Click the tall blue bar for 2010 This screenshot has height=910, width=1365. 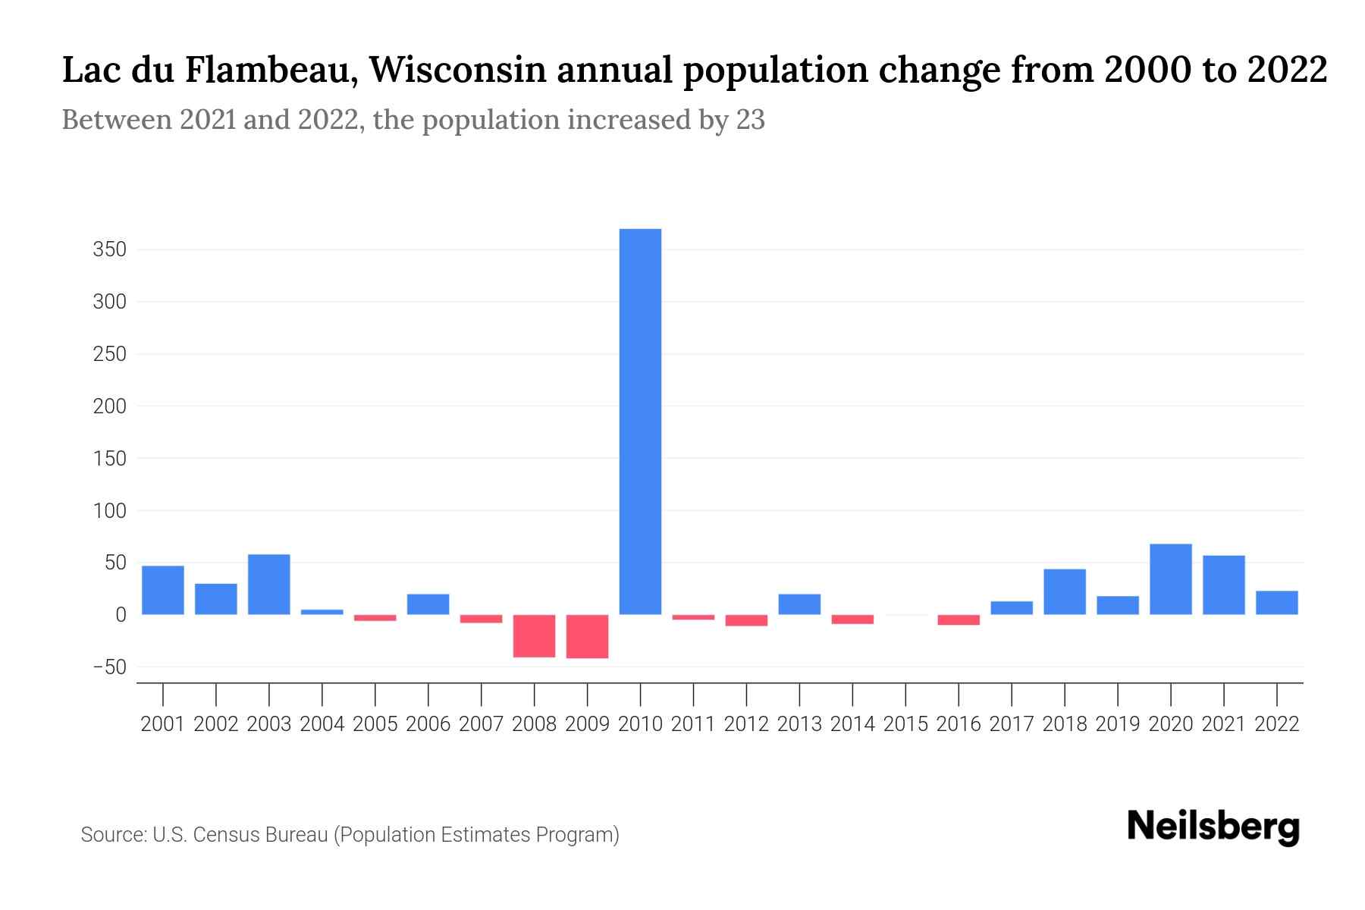click(x=640, y=421)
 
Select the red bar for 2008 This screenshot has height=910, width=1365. click(x=534, y=635)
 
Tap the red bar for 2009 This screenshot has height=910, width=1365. click(x=587, y=636)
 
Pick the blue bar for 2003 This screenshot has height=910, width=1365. click(x=269, y=584)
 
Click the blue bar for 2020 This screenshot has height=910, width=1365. click(x=1170, y=579)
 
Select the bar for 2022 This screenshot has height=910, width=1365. click(x=1276, y=602)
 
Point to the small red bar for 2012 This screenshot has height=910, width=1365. click(x=746, y=620)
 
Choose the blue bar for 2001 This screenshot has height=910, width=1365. click(x=163, y=590)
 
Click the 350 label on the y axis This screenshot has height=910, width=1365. click(x=109, y=249)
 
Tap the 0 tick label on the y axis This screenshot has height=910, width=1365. click(x=120, y=615)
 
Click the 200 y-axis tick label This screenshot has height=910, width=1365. click(x=109, y=406)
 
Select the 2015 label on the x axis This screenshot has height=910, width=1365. click(x=905, y=724)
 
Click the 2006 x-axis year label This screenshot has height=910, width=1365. click(x=428, y=724)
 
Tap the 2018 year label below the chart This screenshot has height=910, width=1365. click(x=1065, y=724)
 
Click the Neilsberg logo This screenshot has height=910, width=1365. click(x=1213, y=827)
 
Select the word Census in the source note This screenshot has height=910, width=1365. click(x=225, y=835)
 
